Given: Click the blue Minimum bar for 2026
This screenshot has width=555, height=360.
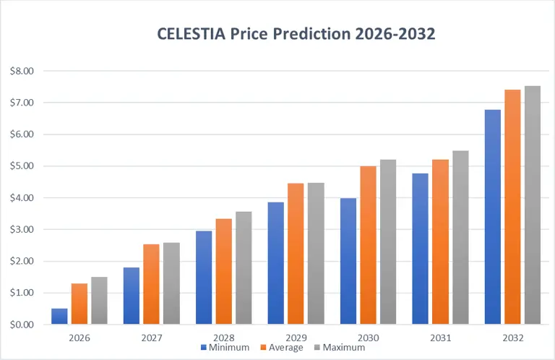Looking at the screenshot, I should pyautogui.click(x=59, y=317).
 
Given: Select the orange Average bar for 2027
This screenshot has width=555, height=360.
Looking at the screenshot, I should pyautogui.click(x=151, y=284).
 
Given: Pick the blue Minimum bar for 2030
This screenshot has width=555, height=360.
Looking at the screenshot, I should pyautogui.click(x=348, y=261).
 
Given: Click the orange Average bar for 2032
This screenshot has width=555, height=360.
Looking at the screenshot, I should pyautogui.click(x=512, y=207).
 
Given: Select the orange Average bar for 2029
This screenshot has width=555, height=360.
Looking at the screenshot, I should pyautogui.click(x=296, y=254).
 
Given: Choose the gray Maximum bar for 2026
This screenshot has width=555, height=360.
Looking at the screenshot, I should pyautogui.click(x=99, y=301).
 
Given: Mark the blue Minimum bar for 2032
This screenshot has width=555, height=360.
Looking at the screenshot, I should pyautogui.click(x=493, y=217).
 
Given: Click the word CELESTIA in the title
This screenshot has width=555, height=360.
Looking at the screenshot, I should pyautogui.click(x=192, y=34).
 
